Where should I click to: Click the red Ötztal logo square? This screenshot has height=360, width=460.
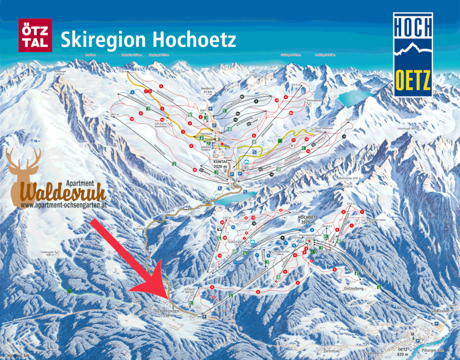coord(35,36)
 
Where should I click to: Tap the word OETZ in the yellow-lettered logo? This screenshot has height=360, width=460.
coord(413,81)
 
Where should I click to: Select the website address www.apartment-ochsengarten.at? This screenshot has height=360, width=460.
coord(64,205)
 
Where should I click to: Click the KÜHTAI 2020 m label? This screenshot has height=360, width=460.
coord(220,164)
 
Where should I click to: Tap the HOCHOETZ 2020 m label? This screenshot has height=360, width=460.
coord(308,219)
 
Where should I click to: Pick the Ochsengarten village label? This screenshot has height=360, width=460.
coord(168,313)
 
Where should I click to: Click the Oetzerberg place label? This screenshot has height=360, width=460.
coord(354,289)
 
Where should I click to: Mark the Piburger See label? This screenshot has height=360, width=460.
coord(433,350)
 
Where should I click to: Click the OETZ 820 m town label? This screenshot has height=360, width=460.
coord(402,352)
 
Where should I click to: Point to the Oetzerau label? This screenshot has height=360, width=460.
coord(332,351)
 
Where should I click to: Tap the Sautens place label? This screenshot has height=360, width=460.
coord(372,353)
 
